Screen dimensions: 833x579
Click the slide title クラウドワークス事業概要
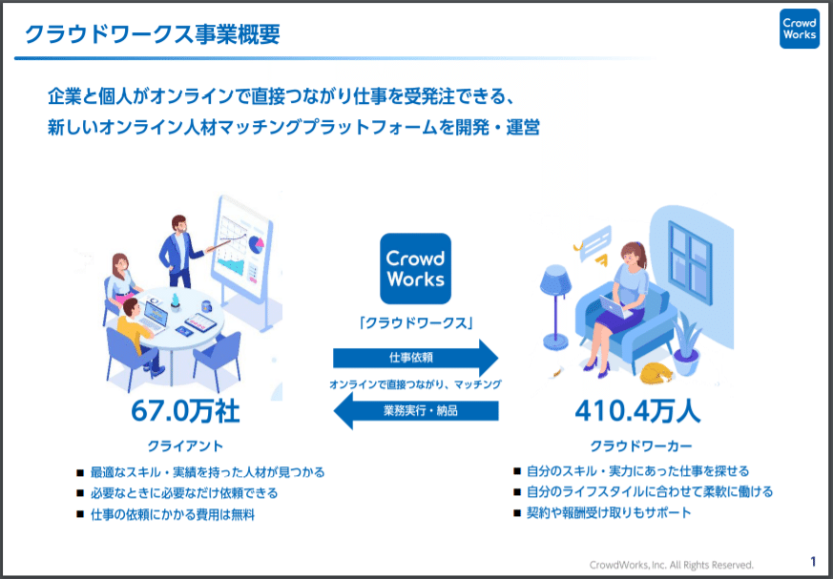point(153,34)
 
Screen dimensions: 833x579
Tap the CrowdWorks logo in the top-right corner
point(799,29)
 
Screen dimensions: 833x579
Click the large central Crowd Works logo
point(415,269)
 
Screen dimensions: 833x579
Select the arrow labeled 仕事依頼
point(415,358)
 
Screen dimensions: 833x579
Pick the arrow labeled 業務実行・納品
point(415,410)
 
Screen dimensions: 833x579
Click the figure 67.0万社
point(185,411)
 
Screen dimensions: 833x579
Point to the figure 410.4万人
point(637,411)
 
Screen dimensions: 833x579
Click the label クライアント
point(185,445)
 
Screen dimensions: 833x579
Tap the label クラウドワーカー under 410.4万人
point(641,445)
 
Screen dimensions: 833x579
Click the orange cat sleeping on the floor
point(656,373)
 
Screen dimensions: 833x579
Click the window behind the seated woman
point(689,262)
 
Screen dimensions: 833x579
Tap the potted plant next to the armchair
point(686,344)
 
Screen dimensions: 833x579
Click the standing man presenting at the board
point(180,251)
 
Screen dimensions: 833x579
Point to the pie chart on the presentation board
point(257,243)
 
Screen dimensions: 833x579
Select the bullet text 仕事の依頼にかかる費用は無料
point(173,514)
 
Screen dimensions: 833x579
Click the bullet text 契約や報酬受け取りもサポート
point(609,512)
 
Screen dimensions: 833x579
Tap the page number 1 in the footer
point(813,562)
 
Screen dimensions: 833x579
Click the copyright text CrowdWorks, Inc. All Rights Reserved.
point(672,565)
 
